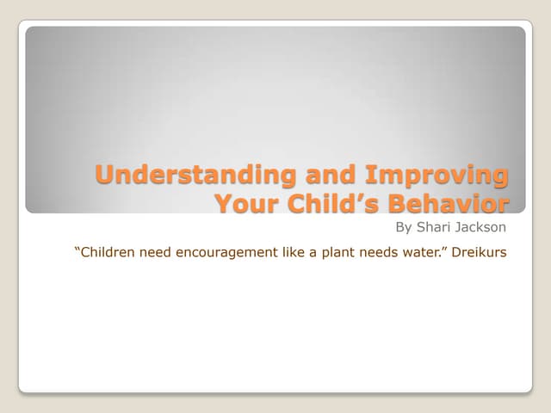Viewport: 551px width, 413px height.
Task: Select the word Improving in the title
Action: click(x=436, y=175)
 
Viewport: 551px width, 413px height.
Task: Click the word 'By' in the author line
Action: click(x=404, y=229)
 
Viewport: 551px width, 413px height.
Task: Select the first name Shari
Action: click(x=434, y=229)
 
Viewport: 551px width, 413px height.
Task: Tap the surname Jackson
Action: click(x=482, y=229)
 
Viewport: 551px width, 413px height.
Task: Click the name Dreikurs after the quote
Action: click(x=485, y=254)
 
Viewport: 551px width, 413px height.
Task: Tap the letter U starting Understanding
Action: click(x=105, y=175)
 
